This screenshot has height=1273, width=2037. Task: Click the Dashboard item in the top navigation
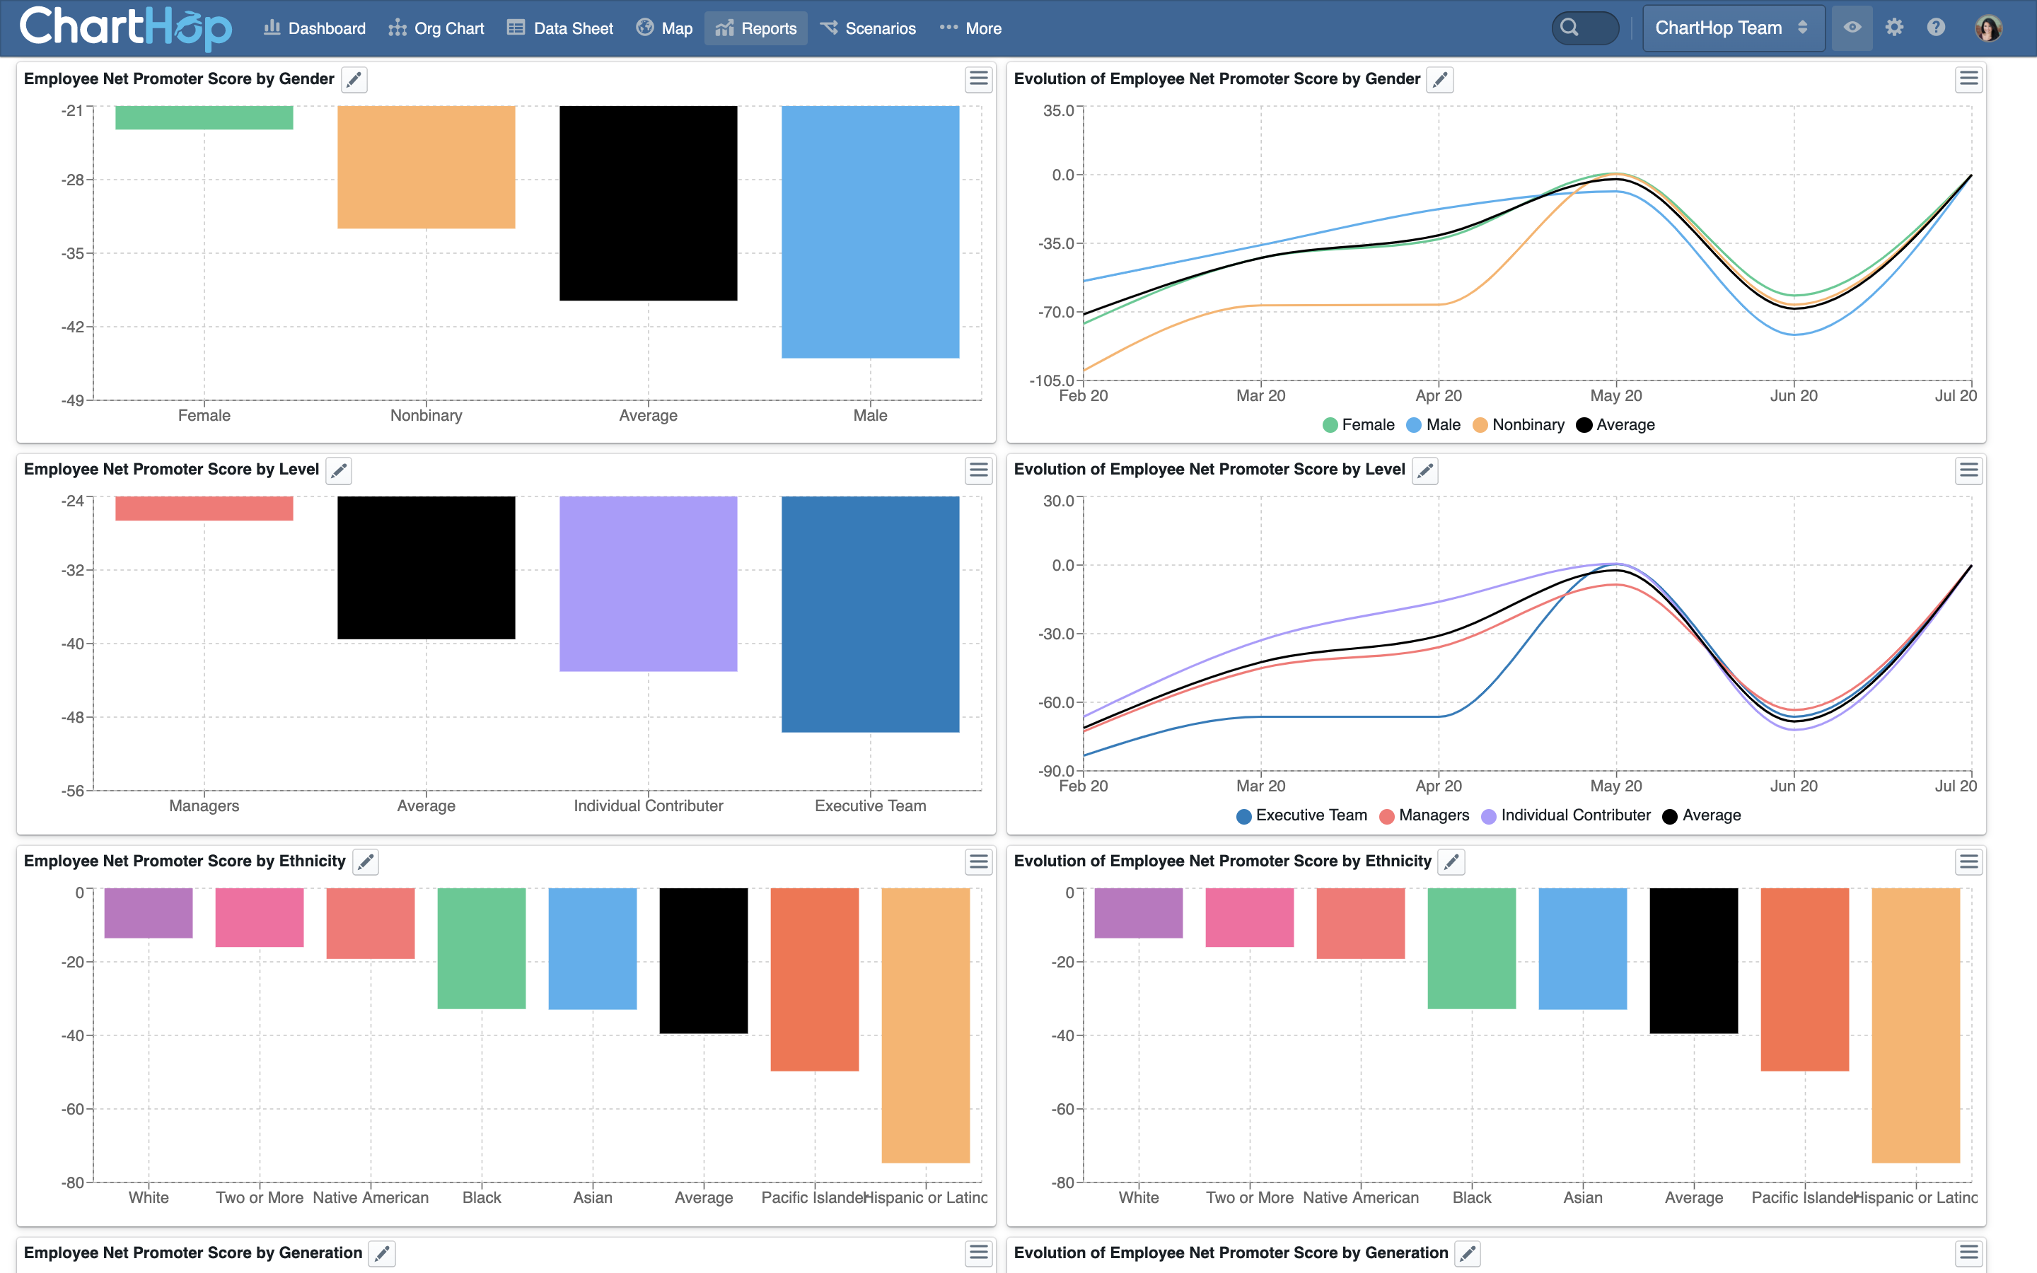pyautogui.click(x=315, y=28)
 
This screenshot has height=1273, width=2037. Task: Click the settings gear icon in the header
pyautogui.click(x=1894, y=28)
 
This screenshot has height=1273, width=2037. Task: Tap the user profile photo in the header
pyautogui.click(x=1988, y=28)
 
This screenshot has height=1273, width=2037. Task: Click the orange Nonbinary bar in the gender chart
pyautogui.click(x=426, y=167)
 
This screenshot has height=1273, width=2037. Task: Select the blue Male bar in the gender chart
pyautogui.click(x=869, y=231)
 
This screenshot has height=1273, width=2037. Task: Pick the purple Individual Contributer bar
pyautogui.click(x=648, y=583)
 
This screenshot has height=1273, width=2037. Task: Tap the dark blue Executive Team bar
pyautogui.click(x=869, y=614)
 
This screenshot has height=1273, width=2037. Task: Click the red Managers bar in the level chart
pyautogui.click(x=204, y=508)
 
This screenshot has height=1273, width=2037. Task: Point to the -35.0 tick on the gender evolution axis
pyautogui.click(x=1058, y=244)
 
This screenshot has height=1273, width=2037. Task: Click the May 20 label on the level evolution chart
pyautogui.click(x=1615, y=786)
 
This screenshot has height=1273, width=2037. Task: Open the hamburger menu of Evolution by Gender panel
pyautogui.click(x=1968, y=79)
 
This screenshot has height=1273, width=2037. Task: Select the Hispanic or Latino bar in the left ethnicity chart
pyautogui.click(x=925, y=1025)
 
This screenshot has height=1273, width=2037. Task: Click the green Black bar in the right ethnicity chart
pyautogui.click(x=1471, y=948)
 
